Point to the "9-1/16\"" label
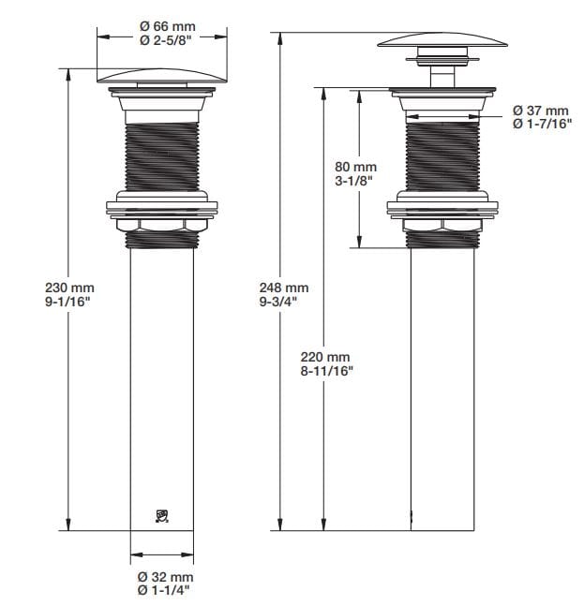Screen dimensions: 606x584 click(x=69, y=302)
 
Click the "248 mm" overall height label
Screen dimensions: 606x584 click(x=283, y=288)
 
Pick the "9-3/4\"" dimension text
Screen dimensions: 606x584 click(x=283, y=302)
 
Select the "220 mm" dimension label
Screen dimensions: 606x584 click(x=325, y=357)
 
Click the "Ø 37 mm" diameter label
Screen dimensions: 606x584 click(x=541, y=111)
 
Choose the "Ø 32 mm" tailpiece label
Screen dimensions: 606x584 click(x=165, y=577)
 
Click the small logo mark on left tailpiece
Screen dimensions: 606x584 click(x=161, y=515)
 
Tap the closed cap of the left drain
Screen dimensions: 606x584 click(x=162, y=77)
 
